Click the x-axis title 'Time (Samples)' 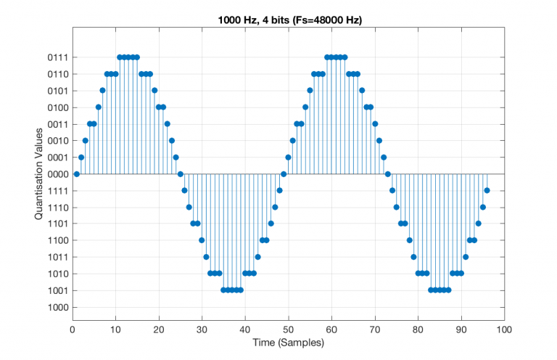[x=289, y=342]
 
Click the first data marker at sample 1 [x=77, y=174]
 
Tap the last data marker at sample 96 [x=487, y=191]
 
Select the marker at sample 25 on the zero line [x=181, y=174]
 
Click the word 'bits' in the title [x=282, y=20]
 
